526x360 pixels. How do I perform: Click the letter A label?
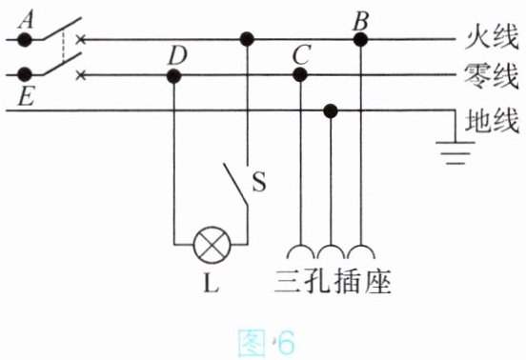click(x=26, y=20)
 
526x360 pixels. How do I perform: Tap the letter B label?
click(x=360, y=21)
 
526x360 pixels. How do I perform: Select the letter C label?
click(x=301, y=55)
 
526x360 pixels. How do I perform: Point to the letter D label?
click(x=177, y=55)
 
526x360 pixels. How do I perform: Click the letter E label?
click(x=26, y=97)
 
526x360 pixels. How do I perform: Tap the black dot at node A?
click(x=25, y=40)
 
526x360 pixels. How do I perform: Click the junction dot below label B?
click(x=360, y=40)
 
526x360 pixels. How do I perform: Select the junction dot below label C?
click(x=300, y=74)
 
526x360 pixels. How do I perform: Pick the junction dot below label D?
click(x=173, y=76)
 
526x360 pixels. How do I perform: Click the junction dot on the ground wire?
click(x=331, y=110)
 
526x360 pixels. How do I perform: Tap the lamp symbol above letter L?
click(x=212, y=245)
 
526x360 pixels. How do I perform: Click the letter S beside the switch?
click(x=259, y=182)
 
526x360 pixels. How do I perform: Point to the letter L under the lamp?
click(x=212, y=284)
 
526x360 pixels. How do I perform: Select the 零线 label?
click(x=492, y=77)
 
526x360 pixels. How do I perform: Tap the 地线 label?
click(x=492, y=121)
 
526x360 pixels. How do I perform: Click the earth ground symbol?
click(x=455, y=152)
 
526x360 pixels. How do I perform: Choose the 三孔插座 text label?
click(x=333, y=282)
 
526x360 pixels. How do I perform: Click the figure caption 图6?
click(x=266, y=343)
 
